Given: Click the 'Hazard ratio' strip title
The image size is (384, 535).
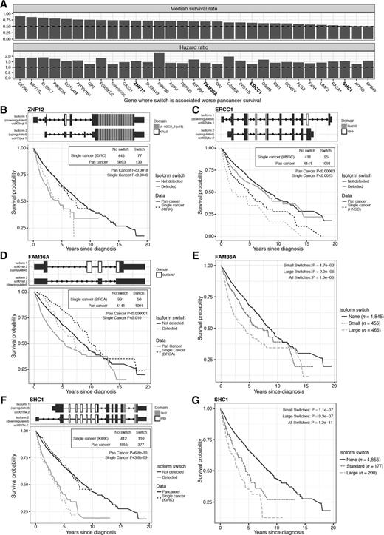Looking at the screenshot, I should pyautogui.click(x=198, y=47).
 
